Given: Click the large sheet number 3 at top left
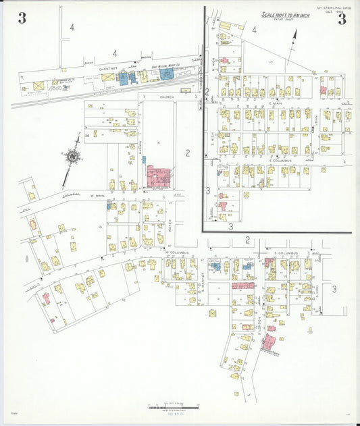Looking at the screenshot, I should pos(22,18).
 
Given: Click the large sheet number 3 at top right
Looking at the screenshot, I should pos(342,18).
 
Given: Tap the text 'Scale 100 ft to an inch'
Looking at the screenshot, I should pos(286,15).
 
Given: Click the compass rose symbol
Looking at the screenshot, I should pos(71,157).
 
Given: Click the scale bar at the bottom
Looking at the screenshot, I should pos(174,406).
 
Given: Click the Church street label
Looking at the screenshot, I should pos(167,97).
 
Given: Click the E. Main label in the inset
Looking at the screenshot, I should pos(275,103).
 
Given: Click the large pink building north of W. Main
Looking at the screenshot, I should pos(159,177).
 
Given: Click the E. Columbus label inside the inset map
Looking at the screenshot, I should pos(279,161).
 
